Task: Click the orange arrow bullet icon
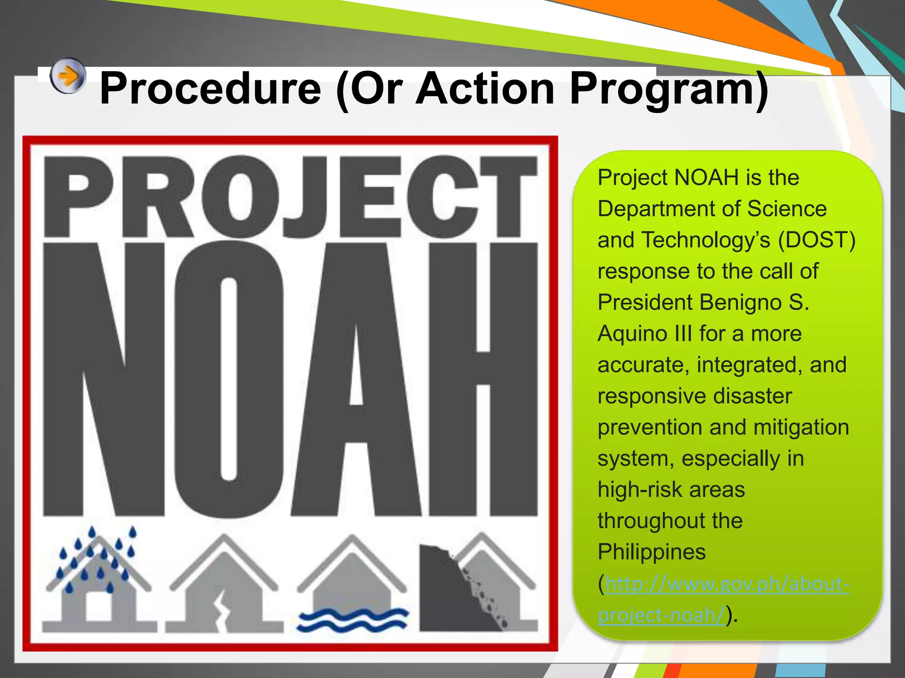point(67,76)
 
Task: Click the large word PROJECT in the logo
point(290,198)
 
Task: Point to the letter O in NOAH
point(228,380)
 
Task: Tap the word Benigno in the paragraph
point(740,303)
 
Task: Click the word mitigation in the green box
point(801,428)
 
